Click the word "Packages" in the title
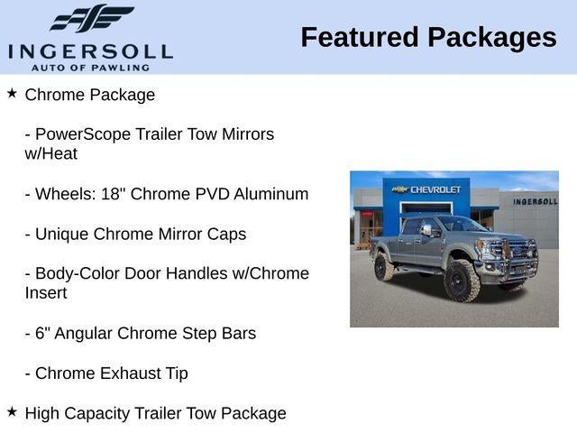click(492, 37)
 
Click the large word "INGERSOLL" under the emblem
click(90, 50)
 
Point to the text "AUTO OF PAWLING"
click(90, 68)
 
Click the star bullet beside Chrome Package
click(12, 93)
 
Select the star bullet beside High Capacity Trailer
click(12, 411)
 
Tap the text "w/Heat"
click(51, 154)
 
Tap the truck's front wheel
click(463, 280)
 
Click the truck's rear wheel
click(382, 267)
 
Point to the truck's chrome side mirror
click(426, 230)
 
